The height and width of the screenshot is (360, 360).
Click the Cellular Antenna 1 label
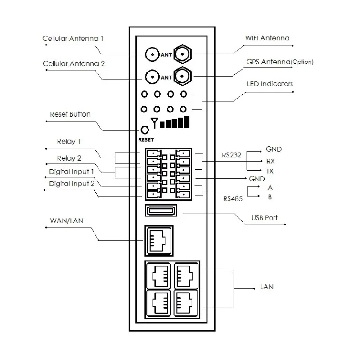73,39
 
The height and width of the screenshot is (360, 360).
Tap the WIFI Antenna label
267,38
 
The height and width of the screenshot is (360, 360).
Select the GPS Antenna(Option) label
280,62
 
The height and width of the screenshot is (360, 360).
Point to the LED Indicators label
270,84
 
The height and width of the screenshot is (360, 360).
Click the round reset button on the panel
144,130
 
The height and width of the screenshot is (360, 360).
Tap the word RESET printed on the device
146,139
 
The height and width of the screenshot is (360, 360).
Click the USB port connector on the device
161,210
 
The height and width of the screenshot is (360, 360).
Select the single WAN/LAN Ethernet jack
159,241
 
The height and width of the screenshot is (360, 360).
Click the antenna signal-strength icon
170,122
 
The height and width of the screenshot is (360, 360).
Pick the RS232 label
231,155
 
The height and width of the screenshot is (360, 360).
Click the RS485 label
233,199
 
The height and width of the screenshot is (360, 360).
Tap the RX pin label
270,161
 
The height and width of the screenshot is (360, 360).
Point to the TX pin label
270,171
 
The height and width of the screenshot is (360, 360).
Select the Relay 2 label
69,158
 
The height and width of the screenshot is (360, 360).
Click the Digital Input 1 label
72,172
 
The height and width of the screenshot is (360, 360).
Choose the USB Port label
265,218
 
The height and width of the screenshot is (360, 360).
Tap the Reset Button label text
70,114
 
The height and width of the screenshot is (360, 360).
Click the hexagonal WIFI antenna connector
182,54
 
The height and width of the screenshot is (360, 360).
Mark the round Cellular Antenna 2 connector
152,77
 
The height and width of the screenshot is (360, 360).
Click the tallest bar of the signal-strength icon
187,121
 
